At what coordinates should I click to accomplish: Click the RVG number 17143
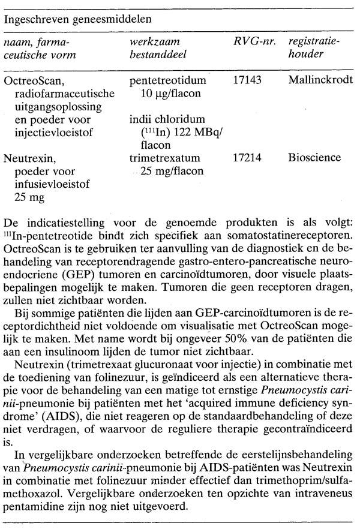pyautogui.click(x=247, y=79)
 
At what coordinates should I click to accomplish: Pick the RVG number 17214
pyautogui.click(x=247, y=158)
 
